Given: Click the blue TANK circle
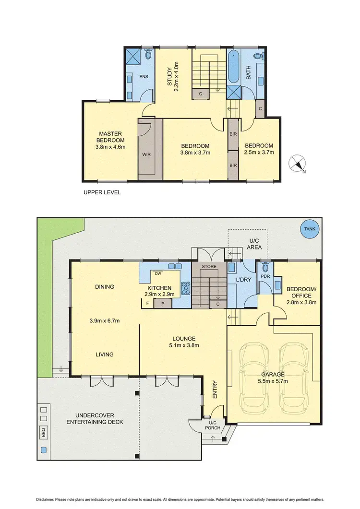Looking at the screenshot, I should (310, 229).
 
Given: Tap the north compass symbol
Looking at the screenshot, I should (297, 164).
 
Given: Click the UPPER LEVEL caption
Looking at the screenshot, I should (102, 192).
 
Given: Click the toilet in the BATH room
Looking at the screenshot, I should (258, 57).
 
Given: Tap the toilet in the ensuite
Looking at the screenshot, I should (148, 55).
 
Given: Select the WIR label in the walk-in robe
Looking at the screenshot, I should (146, 154).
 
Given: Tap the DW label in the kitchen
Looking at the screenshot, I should (157, 274).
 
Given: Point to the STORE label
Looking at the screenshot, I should (209, 266).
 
